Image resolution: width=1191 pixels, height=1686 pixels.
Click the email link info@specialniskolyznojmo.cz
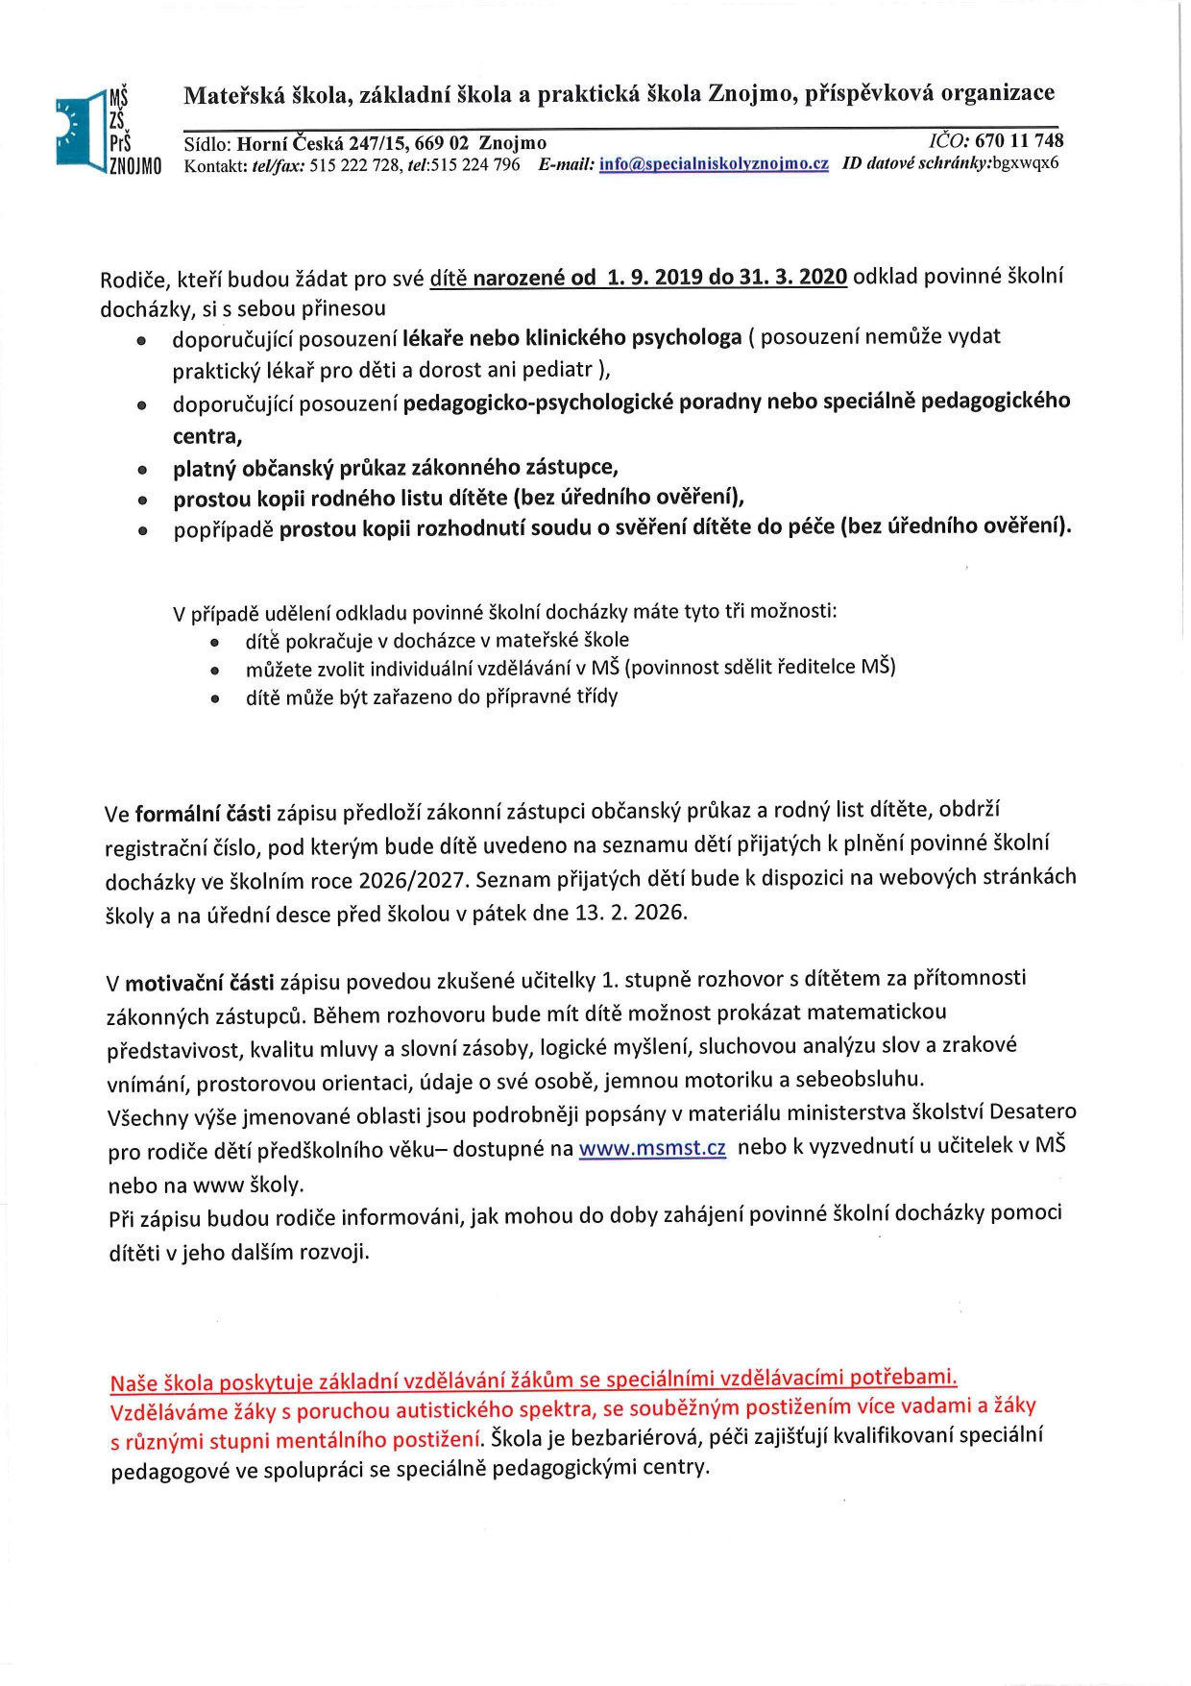coord(714,164)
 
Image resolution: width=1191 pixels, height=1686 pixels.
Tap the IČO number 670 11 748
coord(1019,141)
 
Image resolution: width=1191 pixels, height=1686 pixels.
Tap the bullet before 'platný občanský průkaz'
coord(142,471)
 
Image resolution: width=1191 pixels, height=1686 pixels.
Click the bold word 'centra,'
coord(207,436)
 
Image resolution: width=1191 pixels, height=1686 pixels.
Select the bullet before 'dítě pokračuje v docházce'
coord(215,642)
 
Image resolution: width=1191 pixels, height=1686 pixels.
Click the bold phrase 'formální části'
coord(203,815)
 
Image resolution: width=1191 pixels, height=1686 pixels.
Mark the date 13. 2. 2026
coord(630,913)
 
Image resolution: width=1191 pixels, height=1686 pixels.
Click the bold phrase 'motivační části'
coord(200,983)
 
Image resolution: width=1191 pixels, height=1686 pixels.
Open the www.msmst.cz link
coord(652,1148)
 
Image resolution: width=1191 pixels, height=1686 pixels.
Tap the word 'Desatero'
coord(1033,1112)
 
